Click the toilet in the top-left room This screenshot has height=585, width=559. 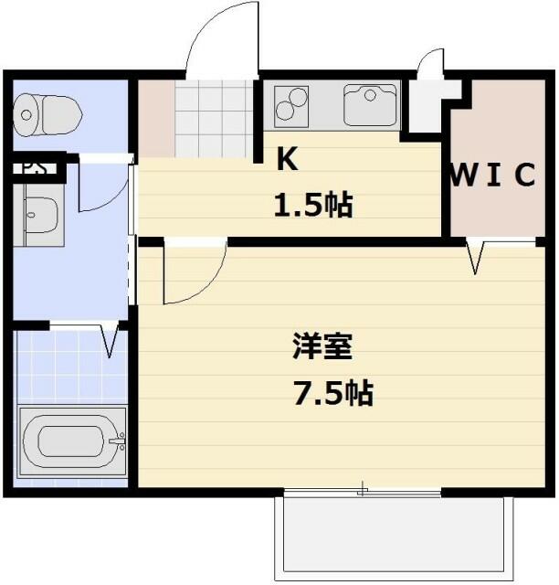47,113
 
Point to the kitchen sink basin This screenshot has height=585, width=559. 371,103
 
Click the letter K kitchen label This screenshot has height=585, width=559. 287,160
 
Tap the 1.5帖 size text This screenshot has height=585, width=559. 313,205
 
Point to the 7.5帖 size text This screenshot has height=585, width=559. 332,394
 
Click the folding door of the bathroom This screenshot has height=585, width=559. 111,339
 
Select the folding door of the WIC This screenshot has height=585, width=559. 476,257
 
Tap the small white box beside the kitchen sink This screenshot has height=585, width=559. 427,106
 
